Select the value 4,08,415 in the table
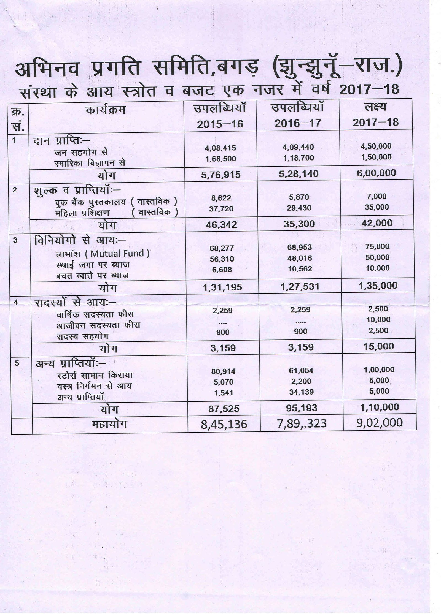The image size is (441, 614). (220, 148)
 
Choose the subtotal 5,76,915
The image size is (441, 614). (221, 174)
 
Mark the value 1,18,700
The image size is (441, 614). (298, 158)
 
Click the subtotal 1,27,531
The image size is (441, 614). (299, 286)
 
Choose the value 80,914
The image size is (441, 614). (223, 371)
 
